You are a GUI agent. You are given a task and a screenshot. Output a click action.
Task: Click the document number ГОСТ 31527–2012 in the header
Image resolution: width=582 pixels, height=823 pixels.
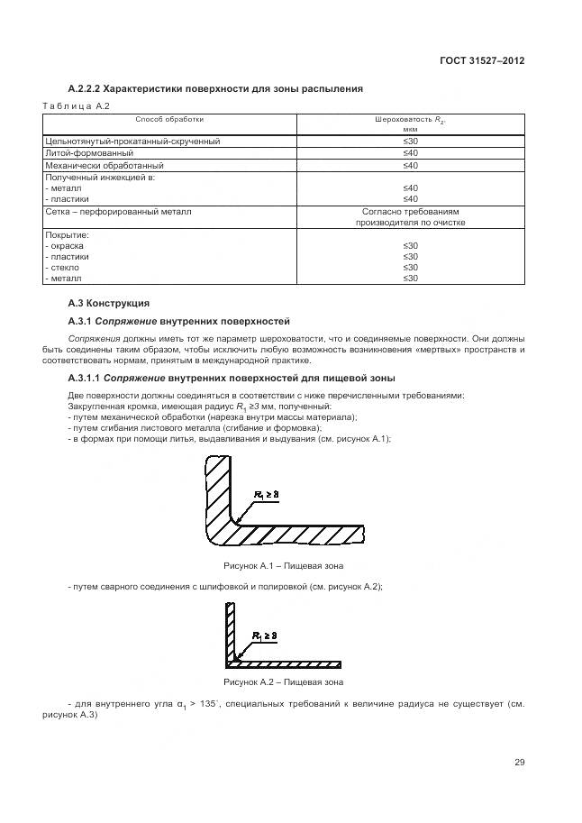coord(481,60)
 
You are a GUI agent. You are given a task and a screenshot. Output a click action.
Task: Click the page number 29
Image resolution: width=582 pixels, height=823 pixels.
coord(519,763)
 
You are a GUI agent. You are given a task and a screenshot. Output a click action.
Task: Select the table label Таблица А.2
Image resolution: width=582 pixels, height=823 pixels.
coord(76,106)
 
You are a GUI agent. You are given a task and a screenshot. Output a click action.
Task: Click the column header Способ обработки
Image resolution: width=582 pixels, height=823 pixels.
coord(169,119)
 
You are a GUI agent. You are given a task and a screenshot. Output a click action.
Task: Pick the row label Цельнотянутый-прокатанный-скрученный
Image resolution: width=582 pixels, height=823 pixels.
coord(132,142)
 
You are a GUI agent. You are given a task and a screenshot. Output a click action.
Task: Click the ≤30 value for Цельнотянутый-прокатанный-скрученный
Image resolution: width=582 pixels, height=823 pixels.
coord(410,142)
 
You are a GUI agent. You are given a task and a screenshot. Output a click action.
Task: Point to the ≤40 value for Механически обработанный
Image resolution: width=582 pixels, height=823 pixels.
coord(410,166)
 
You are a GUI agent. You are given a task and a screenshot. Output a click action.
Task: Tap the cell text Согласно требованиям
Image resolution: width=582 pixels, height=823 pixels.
coord(410,212)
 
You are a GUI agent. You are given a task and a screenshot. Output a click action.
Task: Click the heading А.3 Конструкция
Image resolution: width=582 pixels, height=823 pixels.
coord(109,303)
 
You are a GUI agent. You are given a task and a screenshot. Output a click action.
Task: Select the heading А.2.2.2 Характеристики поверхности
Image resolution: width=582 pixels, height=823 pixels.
coord(215,89)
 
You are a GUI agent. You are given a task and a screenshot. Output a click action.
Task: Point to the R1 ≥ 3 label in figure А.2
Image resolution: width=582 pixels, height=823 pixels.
coord(270,636)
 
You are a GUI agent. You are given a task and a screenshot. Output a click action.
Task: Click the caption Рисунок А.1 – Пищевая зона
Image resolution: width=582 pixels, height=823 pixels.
coord(283,566)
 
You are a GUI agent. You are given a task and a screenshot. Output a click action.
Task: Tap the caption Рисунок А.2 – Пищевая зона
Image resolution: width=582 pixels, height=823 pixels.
coord(283,682)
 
